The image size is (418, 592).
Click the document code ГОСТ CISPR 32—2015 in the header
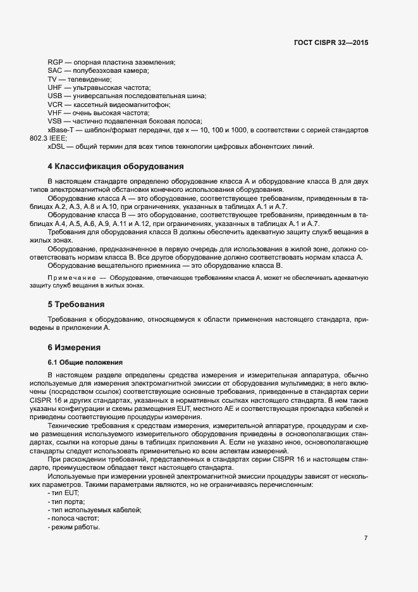331,43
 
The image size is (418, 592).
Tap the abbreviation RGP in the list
55,62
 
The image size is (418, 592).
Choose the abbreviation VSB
55,121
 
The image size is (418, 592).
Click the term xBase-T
61,129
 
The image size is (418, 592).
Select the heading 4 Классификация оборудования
116,167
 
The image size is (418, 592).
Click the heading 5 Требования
76,304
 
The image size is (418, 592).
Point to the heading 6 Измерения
74,348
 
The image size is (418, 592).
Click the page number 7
366,539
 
